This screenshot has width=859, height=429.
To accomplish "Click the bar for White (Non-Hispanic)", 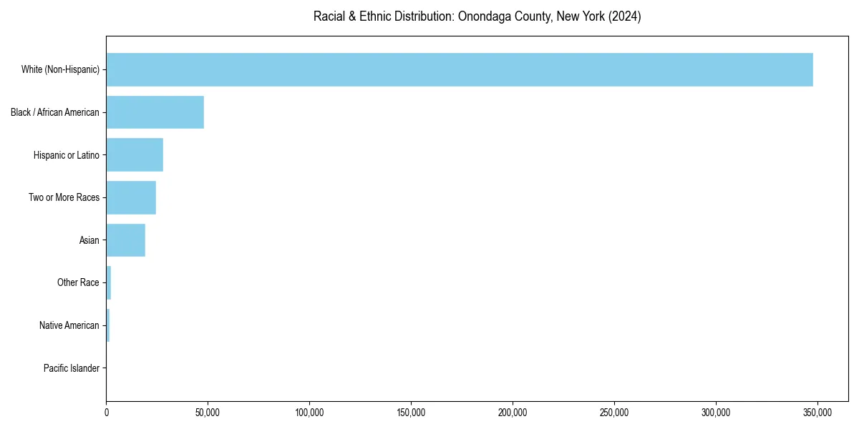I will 460,69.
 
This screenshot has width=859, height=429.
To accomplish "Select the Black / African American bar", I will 155,112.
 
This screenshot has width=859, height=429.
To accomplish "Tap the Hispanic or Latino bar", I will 135,155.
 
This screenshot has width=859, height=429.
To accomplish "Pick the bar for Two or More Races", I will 131,197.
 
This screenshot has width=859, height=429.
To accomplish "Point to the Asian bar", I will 126,240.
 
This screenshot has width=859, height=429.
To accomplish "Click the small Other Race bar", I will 109,282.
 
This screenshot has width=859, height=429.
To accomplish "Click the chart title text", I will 477,16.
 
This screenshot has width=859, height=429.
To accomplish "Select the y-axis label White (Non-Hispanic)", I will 60,70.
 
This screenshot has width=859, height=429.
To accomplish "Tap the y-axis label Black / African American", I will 55,112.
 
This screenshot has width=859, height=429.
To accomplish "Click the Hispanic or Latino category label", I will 67,155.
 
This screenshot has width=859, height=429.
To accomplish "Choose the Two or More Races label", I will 64,197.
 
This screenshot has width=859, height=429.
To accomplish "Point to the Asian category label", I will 89,240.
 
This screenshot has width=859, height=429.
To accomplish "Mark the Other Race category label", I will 78,283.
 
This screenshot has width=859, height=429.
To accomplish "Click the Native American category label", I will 69,325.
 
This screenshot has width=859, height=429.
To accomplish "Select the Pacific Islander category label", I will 72,368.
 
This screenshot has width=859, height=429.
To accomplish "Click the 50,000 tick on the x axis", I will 208,413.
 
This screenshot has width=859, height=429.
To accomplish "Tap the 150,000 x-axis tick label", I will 411,413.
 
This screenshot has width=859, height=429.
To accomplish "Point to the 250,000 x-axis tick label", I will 614,413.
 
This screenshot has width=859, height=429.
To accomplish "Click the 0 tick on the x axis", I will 107,413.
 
